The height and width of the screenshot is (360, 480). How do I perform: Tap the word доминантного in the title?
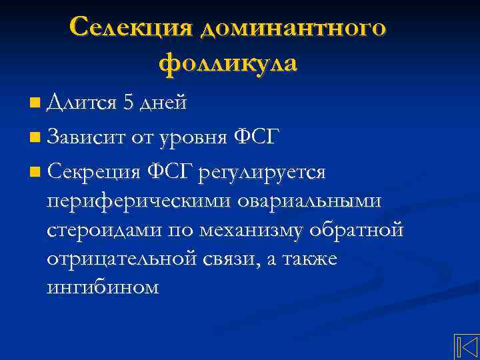coord(292,29)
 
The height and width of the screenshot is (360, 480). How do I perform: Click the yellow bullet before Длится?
coord(34,103)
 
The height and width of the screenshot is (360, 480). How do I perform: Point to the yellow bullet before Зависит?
coord(34,139)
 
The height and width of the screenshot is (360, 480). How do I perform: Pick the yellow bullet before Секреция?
coord(34,173)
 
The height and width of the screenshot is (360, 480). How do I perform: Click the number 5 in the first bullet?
coord(129,103)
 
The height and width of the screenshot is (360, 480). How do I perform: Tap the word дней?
coord(163,103)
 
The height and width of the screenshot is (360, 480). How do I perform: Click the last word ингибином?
coord(103,288)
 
